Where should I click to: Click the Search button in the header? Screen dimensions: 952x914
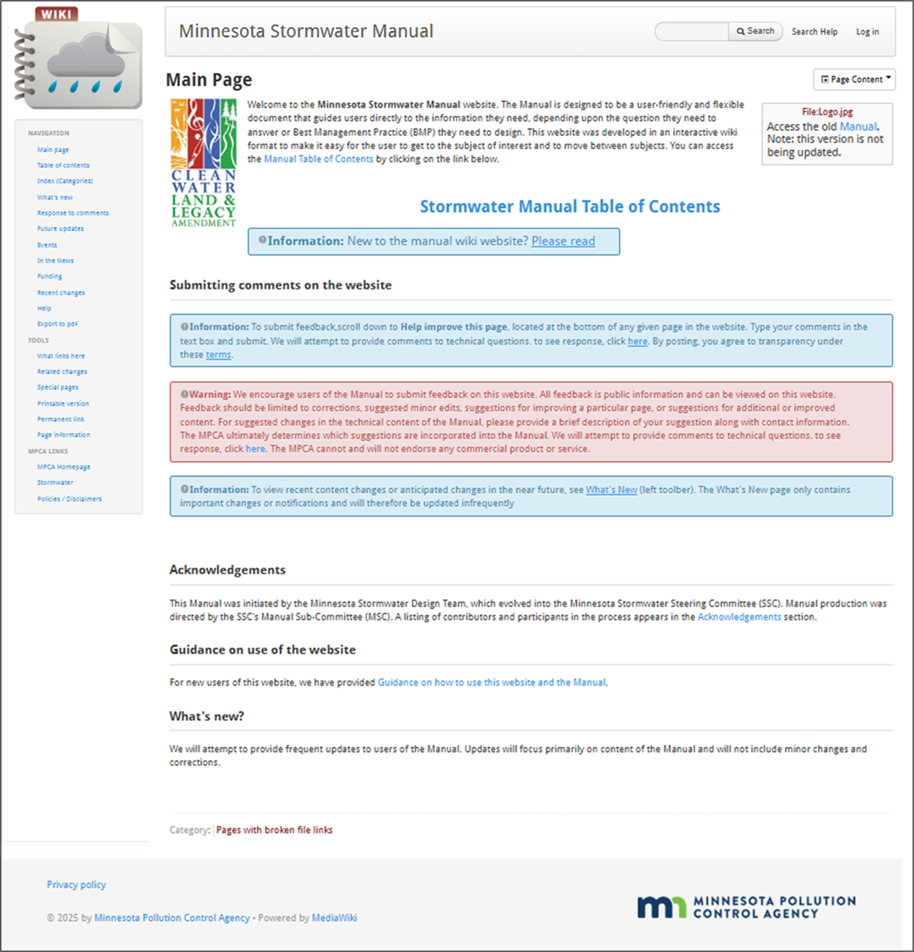click(x=755, y=31)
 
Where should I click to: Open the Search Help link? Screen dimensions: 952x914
click(x=814, y=32)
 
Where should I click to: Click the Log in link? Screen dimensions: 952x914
click(x=867, y=32)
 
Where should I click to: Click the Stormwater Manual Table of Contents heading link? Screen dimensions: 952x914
click(x=570, y=206)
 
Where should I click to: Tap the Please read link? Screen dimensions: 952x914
click(x=563, y=241)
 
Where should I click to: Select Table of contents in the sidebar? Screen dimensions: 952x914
click(x=63, y=165)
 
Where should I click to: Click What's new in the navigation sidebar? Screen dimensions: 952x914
click(x=55, y=197)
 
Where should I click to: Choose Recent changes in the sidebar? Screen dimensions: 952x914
click(x=61, y=292)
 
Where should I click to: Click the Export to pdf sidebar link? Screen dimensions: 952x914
click(x=57, y=324)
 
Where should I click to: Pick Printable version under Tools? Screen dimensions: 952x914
click(x=63, y=404)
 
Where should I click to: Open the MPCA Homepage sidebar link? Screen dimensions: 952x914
click(x=64, y=467)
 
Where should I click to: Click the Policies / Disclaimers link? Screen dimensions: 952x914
click(x=70, y=499)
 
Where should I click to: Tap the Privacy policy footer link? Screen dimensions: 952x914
click(x=76, y=885)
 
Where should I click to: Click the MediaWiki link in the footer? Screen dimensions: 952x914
click(x=334, y=918)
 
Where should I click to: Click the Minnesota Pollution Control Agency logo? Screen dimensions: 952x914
click(x=746, y=907)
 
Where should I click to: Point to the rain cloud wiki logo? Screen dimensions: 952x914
click(x=79, y=61)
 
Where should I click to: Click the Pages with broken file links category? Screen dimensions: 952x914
click(x=274, y=830)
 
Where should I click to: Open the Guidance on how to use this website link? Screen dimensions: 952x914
click(x=491, y=682)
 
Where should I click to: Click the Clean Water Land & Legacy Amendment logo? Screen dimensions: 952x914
click(x=203, y=162)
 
